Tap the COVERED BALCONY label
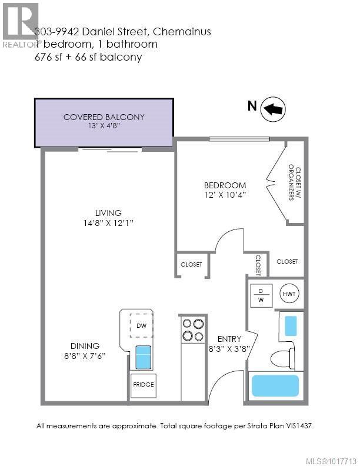coord(104,117)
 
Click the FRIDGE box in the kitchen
coord(143,384)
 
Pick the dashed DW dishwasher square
coord(142,325)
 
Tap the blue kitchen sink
coord(144,357)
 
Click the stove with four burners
coord(192,329)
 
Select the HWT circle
coord(289,293)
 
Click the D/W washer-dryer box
coord(261,294)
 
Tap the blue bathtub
coord(275,386)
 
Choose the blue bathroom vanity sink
coord(291,325)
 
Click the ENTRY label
coord(228,338)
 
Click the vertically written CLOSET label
coord(258,264)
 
